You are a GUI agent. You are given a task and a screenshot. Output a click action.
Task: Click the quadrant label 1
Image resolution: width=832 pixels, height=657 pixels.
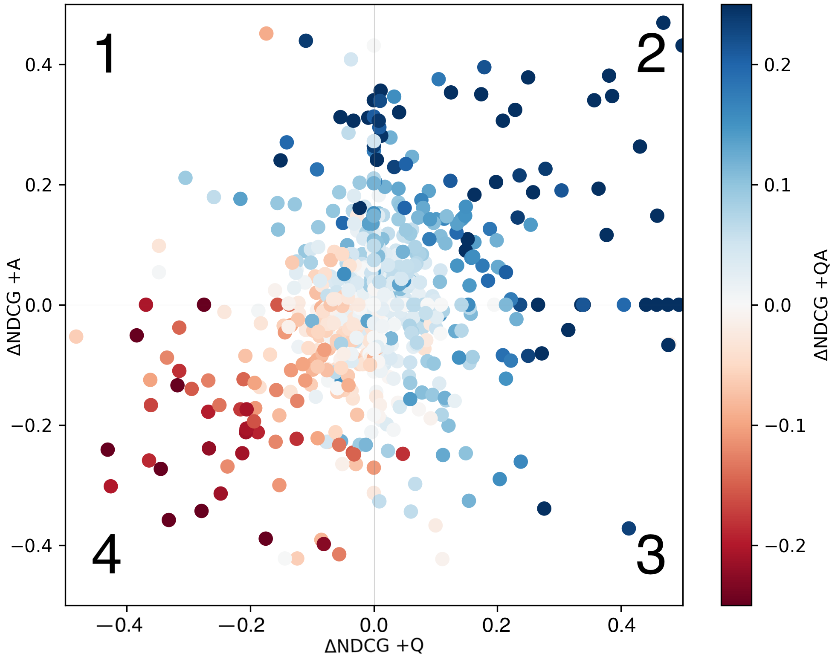coord(105,54)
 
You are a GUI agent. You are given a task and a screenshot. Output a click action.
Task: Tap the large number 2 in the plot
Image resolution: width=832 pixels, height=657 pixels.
coord(650,54)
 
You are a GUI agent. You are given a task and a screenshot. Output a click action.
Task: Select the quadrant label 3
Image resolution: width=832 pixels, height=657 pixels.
coord(650,555)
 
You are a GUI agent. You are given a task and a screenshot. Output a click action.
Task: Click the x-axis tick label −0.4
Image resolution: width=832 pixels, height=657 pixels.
coord(120,625)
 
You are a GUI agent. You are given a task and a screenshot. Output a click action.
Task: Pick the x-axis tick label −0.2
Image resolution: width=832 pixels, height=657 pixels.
coord(244,625)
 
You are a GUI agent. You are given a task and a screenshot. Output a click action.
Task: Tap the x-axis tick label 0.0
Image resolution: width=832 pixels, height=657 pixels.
coord(374,625)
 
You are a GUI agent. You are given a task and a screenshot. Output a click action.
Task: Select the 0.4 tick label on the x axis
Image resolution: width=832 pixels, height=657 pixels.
coord(621,625)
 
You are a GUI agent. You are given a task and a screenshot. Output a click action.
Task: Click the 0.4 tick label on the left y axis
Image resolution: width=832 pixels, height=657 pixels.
coord(38,65)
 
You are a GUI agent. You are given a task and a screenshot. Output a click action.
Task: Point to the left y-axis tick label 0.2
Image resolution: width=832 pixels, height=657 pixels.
coord(38,185)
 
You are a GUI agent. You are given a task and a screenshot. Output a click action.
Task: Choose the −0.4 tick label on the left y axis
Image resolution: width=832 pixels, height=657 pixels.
coord(32,546)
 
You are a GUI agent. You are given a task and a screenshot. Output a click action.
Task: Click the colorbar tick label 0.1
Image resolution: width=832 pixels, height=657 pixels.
coord(777,185)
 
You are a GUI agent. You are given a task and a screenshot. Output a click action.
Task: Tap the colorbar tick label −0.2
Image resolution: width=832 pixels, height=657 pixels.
coord(785,546)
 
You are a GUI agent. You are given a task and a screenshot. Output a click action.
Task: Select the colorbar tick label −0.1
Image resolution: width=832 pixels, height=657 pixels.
coord(785,425)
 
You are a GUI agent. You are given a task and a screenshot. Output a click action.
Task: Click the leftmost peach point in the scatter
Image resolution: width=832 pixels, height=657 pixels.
coord(76,336)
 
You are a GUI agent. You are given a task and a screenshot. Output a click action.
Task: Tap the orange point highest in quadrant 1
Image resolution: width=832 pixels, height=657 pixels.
coord(266,33)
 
